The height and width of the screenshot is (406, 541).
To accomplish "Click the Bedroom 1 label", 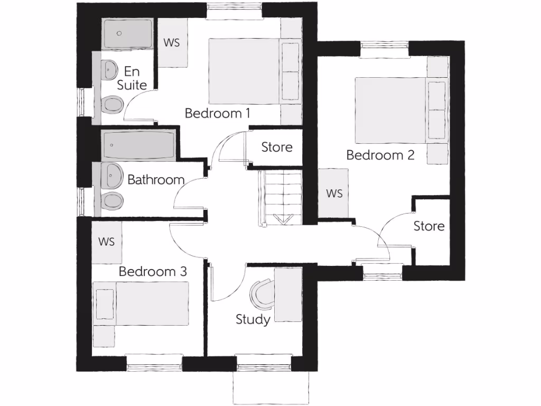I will pos(217,113).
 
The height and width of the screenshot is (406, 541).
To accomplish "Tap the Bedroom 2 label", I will pos(380,155).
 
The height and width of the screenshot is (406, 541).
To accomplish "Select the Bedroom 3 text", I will pos(153,272).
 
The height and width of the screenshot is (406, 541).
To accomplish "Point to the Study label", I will pos(253,319).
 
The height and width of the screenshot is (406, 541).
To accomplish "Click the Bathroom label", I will pos(156,180).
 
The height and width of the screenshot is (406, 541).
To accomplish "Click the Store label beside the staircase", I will pos(277,146).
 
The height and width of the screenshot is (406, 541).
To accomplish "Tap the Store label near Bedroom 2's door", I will pos(429,226).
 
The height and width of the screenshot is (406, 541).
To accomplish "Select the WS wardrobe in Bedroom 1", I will pos(172,43).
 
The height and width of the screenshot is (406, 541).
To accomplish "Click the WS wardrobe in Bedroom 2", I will pos(334,193).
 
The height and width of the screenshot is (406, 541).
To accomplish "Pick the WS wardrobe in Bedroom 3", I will pos(107,242).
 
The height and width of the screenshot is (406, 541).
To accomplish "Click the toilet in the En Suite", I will pos(111,105).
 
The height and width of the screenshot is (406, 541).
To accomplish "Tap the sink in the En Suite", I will pos(110,70).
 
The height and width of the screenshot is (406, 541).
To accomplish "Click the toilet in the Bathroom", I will pos(112,201).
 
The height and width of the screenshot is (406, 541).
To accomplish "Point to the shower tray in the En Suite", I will pos(127,34).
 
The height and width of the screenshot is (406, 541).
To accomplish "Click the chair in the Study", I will pos(260,294).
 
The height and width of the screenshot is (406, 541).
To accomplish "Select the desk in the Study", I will pos(288,294).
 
